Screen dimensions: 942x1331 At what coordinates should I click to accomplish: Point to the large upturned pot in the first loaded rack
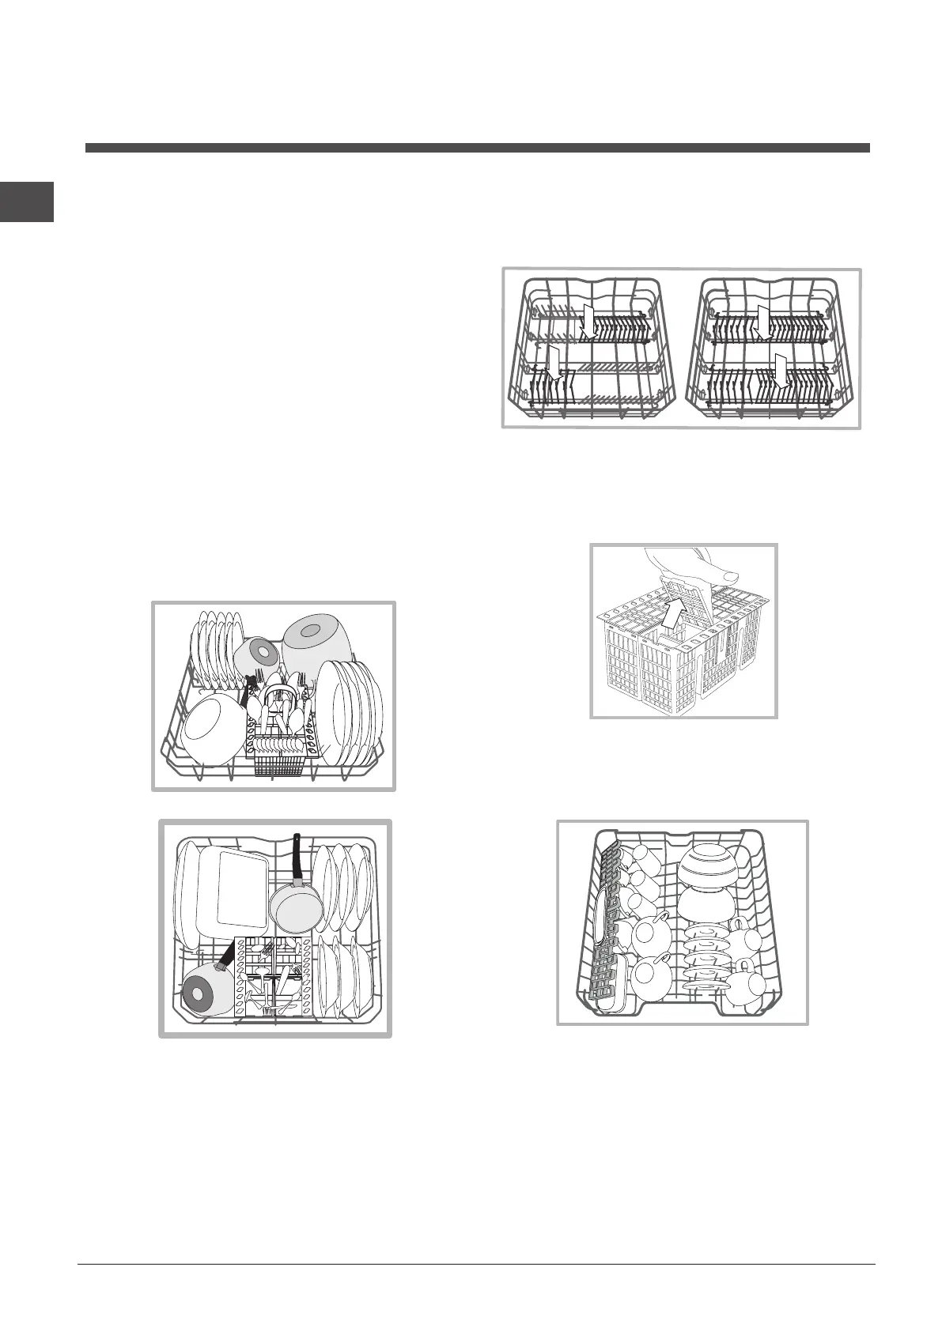tap(318, 643)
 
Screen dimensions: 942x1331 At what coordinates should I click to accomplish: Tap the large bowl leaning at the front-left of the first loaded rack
tap(211, 730)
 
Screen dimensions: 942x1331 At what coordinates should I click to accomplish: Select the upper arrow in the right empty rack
tap(762, 322)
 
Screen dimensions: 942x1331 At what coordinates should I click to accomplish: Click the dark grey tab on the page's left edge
tap(27, 202)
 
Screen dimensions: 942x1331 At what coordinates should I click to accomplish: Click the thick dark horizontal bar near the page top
tap(477, 148)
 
